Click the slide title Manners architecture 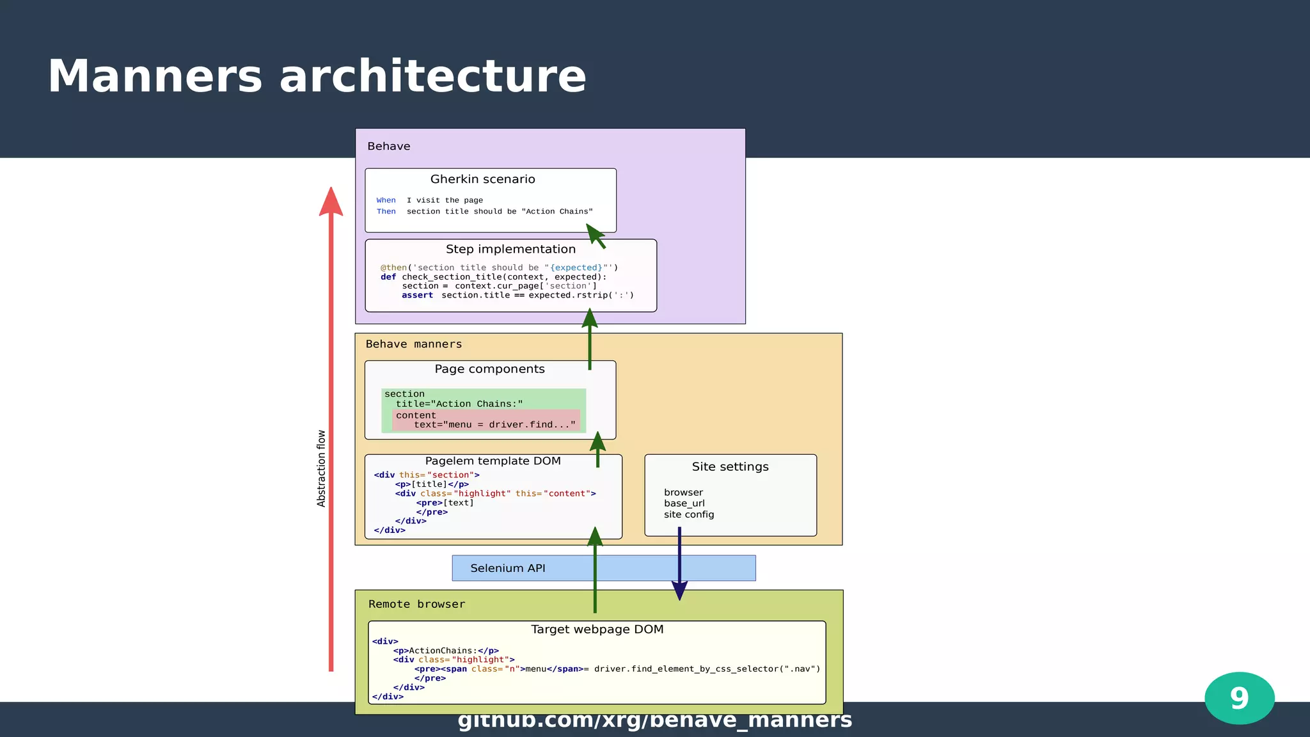click(x=317, y=77)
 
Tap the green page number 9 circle click(x=1239, y=698)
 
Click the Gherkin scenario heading click(x=482, y=179)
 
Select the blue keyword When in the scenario click(x=386, y=200)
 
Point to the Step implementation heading click(x=510, y=249)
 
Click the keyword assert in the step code click(x=417, y=295)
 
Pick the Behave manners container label click(x=413, y=344)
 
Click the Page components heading click(x=489, y=369)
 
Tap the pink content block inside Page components click(x=486, y=420)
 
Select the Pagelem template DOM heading click(x=493, y=461)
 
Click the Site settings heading click(x=730, y=466)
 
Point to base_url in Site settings click(x=684, y=503)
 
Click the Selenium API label click(x=507, y=568)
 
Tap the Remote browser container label click(x=416, y=604)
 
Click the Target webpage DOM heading click(x=597, y=629)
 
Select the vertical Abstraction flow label click(x=321, y=468)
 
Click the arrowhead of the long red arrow click(x=331, y=202)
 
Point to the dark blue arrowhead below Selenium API click(x=679, y=590)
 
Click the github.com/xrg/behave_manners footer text click(x=654, y=720)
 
